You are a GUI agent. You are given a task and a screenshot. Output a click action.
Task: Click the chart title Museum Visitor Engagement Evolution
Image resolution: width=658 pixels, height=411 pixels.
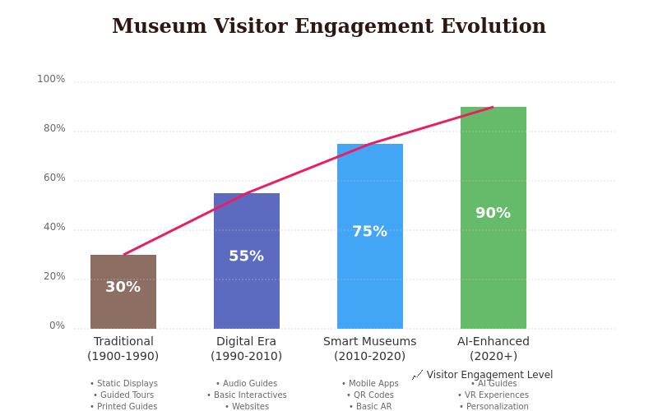[x=329, y=26]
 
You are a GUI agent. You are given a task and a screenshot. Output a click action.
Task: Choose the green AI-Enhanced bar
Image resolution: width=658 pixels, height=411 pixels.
[x=493, y=263]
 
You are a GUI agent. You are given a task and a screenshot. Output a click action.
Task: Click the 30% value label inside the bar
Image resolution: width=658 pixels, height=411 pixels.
[x=123, y=287]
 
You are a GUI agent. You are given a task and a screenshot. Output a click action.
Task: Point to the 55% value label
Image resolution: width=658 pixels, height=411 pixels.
[x=247, y=256]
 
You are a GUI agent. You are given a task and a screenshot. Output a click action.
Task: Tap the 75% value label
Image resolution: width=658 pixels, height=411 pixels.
[x=370, y=231]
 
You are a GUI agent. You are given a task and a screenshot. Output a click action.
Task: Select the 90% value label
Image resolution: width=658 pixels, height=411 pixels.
[x=493, y=213]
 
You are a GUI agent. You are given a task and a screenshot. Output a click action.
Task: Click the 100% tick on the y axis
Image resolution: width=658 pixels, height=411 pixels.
[x=51, y=79]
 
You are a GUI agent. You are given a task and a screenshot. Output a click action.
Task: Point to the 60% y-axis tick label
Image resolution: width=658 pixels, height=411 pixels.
[x=54, y=178]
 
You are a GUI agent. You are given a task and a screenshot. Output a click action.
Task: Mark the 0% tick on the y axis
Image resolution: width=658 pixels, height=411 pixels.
[x=57, y=326]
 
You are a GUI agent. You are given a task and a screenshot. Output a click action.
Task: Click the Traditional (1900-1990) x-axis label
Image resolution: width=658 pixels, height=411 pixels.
[x=123, y=349]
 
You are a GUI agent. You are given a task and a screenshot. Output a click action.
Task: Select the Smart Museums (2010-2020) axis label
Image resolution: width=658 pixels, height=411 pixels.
[x=370, y=349]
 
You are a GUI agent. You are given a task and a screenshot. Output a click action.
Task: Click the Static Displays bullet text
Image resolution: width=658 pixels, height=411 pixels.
[x=124, y=384]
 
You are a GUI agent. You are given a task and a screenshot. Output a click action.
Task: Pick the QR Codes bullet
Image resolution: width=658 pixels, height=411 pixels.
[x=370, y=395]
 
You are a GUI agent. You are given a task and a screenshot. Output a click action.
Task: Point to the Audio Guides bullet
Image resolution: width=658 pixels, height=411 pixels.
[x=247, y=384]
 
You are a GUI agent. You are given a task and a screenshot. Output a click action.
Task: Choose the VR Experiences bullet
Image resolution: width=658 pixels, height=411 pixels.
[x=493, y=395]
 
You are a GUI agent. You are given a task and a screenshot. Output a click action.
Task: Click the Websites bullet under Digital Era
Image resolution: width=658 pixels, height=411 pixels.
[x=247, y=406]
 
